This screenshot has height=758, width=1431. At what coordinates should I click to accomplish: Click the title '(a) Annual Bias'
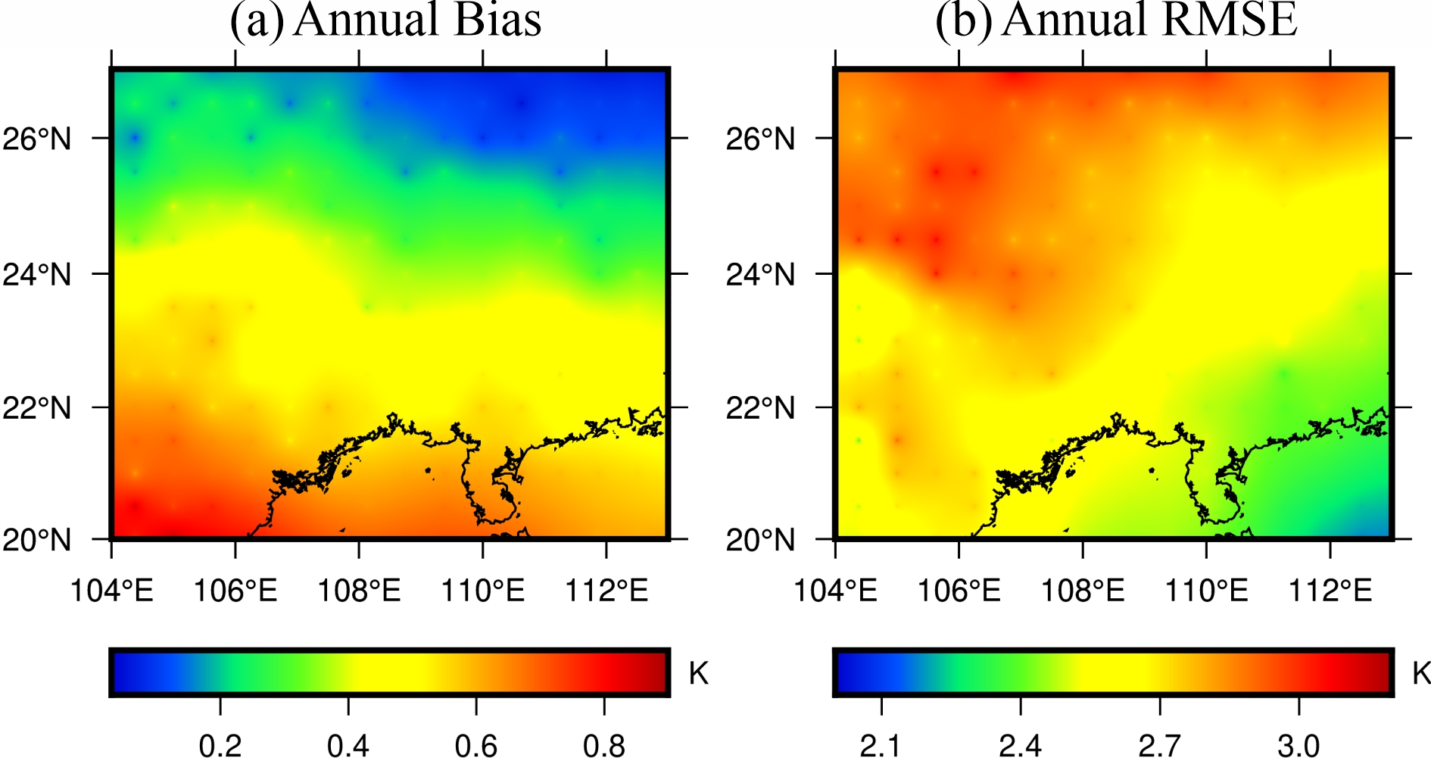pyautogui.click(x=386, y=20)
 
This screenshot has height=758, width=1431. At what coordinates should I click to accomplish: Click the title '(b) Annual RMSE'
pyautogui.click(x=1116, y=20)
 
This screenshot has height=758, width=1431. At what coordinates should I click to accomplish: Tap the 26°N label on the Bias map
pyautogui.click(x=37, y=139)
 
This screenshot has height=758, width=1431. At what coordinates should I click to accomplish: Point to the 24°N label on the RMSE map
pyautogui.click(x=760, y=274)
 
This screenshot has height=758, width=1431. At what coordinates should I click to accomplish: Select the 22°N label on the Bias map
pyautogui.click(x=37, y=408)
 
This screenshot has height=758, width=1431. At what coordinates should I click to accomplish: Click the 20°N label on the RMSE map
pyautogui.click(x=760, y=541)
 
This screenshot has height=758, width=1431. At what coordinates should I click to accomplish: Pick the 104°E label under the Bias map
pyautogui.click(x=112, y=591)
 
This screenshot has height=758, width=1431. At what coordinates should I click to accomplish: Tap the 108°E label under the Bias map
pyautogui.click(x=359, y=591)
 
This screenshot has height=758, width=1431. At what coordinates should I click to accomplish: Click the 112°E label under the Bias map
pyautogui.click(x=606, y=591)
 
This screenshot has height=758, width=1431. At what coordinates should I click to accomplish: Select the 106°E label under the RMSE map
pyautogui.click(x=959, y=591)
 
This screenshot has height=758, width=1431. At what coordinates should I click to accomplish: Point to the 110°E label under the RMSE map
pyautogui.click(x=1206, y=591)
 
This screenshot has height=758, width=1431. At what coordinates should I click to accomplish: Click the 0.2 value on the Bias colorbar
pyautogui.click(x=220, y=745)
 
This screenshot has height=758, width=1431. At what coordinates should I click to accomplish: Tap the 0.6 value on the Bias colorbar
pyautogui.click(x=476, y=745)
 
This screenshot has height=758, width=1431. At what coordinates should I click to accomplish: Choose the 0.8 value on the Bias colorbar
pyautogui.click(x=604, y=745)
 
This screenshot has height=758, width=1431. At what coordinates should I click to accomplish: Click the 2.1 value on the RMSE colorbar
pyautogui.click(x=881, y=745)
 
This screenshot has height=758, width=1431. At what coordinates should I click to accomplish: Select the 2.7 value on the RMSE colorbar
pyautogui.click(x=1160, y=745)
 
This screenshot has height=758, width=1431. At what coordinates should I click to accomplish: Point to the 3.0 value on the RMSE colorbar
pyautogui.click(x=1299, y=745)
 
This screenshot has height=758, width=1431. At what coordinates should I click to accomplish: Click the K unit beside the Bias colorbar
pyautogui.click(x=698, y=672)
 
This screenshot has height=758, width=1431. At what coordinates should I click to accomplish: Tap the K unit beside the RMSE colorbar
pyautogui.click(x=1421, y=672)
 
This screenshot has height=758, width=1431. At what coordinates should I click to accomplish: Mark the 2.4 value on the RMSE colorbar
pyautogui.click(x=1021, y=745)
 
